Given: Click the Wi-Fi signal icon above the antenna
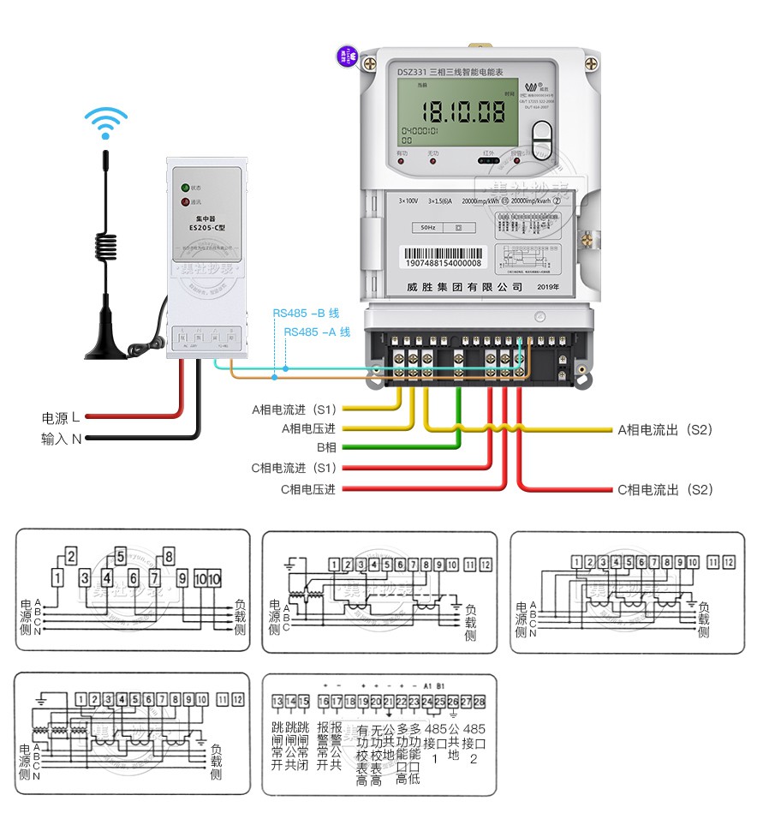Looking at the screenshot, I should [x=105, y=122].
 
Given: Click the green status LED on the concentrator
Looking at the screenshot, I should [x=183, y=188].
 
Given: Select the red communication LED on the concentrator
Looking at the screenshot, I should [x=183, y=202].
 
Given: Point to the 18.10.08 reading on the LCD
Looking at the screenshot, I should [x=466, y=111].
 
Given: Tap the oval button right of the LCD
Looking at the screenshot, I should [x=542, y=137].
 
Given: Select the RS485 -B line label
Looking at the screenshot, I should [x=306, y=314].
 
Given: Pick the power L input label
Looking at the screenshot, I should [x=61, y=417].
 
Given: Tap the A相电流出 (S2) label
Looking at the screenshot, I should [x=665, y=429].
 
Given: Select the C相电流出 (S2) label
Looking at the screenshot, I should [x=665, y=490].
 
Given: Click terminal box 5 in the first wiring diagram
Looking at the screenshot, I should [x=121, y=554].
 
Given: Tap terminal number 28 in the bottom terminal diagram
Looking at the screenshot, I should [x=479, y=702].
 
